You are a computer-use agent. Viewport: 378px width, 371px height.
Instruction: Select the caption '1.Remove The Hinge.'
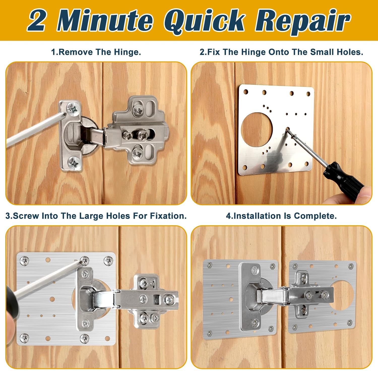pos(96,52)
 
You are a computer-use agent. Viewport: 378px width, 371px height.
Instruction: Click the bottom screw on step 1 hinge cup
pos(74,162)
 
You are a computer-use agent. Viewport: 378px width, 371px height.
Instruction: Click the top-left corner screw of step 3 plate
pos(24,260)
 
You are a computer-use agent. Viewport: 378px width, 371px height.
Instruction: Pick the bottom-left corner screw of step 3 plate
pos(24,337)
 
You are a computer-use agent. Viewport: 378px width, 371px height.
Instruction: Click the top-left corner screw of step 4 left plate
pos(209,265)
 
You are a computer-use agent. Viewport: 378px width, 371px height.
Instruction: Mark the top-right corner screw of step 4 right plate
pos(351,266)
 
